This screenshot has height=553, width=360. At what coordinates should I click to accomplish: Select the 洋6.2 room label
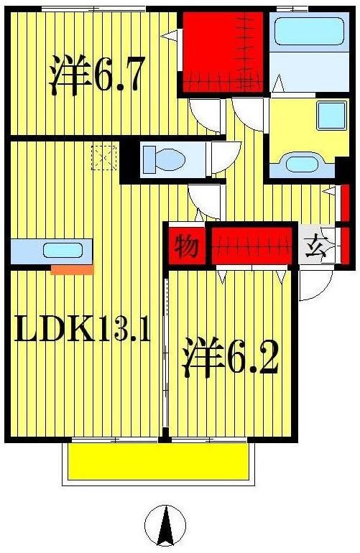229,357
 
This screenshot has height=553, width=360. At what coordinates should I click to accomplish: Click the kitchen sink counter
50,251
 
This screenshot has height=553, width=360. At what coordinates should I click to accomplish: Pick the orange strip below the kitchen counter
73,270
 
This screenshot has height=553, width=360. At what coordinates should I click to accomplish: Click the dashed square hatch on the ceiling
103,157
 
